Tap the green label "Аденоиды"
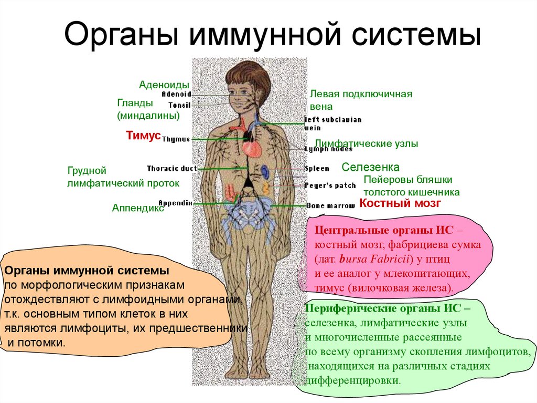click(164, 85)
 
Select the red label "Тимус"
click(143, 136)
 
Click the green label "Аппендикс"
click(138, 208)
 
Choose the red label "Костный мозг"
click(400, 203)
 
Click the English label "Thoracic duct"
click(171, 169)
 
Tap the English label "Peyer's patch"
click(330, 185)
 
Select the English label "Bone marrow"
click(331, 205)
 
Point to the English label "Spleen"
click(317, 169)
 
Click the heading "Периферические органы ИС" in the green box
click(383, 308)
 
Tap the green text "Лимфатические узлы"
click(366, 143)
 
